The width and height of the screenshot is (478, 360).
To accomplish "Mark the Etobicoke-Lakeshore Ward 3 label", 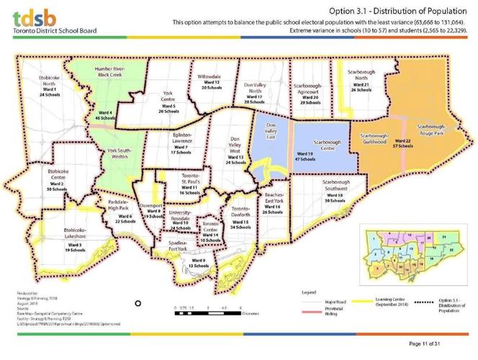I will [x=74, y=240].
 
